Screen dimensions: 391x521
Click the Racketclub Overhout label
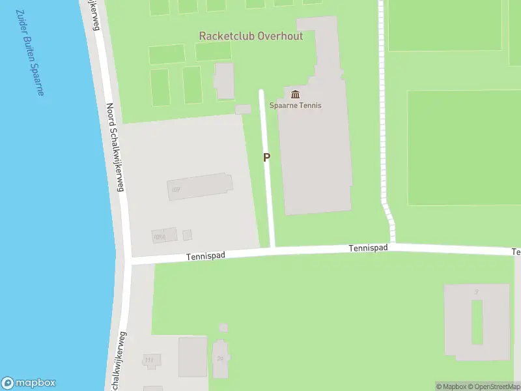(x=251, y=36)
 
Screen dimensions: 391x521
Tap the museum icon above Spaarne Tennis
(x=296, y=94)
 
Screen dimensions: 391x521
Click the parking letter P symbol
(x=266, y=157)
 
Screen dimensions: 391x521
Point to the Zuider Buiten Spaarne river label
(x=29, y=52)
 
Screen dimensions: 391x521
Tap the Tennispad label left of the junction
(x=205, y=256)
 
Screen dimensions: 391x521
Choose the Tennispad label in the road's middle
(x=368, y=248)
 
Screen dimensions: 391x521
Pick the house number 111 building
(x=152, y=360)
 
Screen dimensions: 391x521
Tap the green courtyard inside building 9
(x=477, y=321)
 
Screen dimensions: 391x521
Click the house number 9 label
(x=477, y=291)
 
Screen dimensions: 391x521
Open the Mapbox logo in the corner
(x=29, y=383)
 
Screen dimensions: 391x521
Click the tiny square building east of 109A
(x=188, y=235)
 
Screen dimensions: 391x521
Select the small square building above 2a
(x=223, y=328)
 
